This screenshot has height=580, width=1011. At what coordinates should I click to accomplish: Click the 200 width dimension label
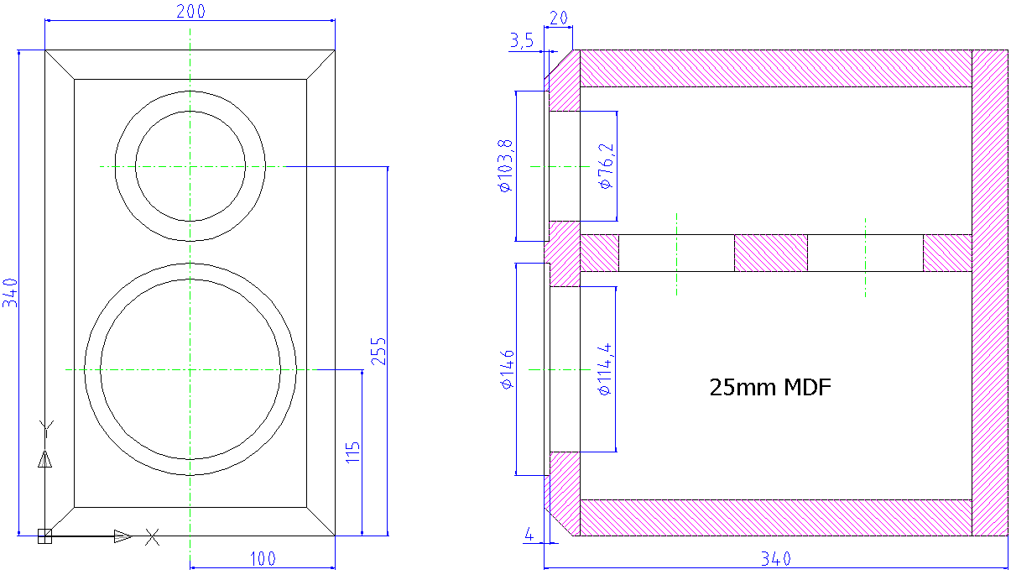190,11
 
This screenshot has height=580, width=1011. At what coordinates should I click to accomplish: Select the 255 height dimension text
378,351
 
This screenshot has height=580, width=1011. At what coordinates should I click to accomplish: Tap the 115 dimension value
352,452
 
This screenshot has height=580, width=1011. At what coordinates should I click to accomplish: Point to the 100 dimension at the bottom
263,559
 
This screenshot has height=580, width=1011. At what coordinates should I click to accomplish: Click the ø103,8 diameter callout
505,166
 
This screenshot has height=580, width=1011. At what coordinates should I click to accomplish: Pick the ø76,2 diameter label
606,166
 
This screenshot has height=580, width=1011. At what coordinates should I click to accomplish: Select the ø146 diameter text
508,369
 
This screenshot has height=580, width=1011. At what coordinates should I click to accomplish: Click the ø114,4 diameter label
605,369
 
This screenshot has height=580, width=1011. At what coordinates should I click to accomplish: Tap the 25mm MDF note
770,387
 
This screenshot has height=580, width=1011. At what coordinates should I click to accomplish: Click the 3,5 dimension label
522,40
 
